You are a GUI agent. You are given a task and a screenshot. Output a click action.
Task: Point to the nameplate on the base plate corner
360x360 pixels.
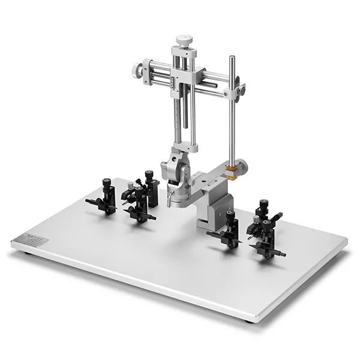coord(29,238)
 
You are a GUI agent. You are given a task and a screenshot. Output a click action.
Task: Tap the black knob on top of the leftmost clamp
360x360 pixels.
coord(106,181)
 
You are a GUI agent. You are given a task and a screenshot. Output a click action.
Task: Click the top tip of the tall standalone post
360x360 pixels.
coord(232,58)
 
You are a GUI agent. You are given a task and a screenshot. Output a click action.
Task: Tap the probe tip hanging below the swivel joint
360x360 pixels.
coord(170,201)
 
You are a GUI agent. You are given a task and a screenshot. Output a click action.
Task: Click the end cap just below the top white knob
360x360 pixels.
coord(182,53)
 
